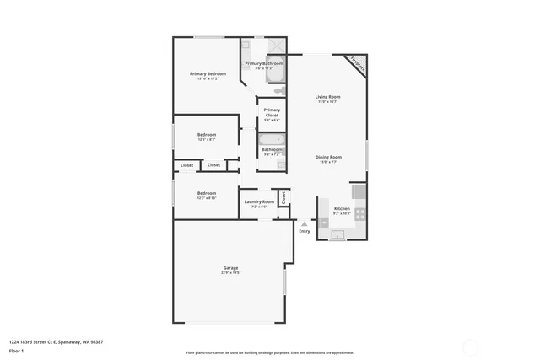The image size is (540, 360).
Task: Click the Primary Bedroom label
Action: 208,74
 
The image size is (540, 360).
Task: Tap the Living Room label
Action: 327,97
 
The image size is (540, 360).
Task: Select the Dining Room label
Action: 328,157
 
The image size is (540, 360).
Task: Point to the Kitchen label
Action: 342,208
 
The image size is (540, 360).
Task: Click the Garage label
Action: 230,267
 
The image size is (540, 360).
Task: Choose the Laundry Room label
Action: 259,201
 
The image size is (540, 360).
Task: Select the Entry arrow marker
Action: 304,223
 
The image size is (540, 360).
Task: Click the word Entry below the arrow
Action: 304,232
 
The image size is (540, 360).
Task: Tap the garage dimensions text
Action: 230,273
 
